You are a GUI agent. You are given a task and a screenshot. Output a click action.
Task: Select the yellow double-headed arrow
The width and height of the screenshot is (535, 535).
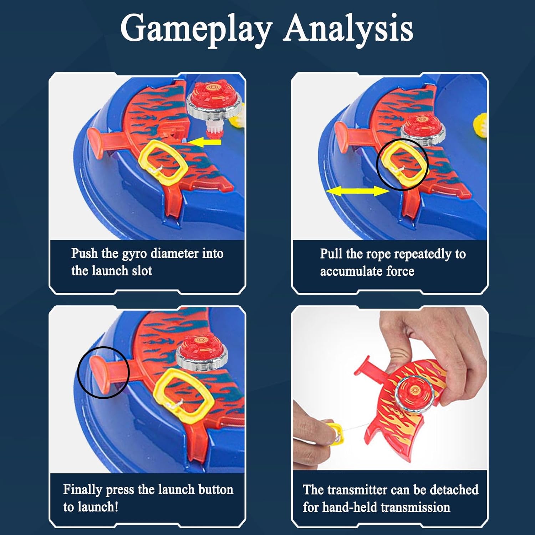coord(357,192)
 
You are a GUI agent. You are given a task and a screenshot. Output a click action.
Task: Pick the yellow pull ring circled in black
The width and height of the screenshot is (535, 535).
coord(402,164)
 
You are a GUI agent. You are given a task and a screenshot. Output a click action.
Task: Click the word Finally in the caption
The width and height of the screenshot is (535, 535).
coord(82,490)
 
